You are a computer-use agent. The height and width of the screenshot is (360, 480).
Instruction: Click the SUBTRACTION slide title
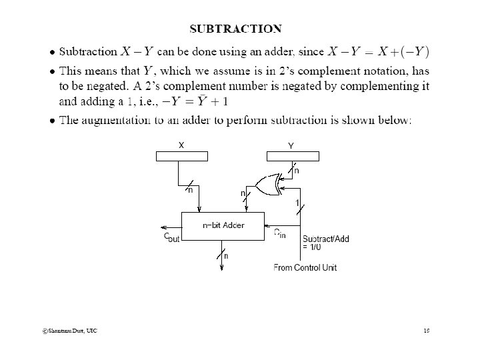click(235, 29)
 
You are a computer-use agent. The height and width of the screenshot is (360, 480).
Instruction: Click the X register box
click(181, 157)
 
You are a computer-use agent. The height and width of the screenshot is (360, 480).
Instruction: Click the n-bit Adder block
click(223, 225)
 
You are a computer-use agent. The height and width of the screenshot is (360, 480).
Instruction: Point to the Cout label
click(171, 237)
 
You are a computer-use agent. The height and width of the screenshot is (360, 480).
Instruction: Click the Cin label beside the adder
click(279, 233)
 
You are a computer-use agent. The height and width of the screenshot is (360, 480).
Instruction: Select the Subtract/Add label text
click(325, 239)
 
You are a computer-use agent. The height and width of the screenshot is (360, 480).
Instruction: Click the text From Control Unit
click(305, 267)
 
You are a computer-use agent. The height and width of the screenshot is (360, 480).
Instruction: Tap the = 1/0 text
click(311, 247)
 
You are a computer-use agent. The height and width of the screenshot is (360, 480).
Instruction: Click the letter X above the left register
click(181, 145)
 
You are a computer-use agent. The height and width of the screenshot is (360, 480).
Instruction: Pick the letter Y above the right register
click(291, 145)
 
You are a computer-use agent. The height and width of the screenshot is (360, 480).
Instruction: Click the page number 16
click(426, 331)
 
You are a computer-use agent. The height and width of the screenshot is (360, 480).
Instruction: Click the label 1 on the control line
click(297, 203)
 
